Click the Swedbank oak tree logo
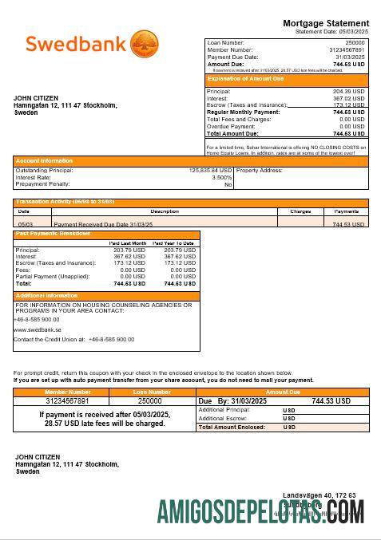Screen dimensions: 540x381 144,42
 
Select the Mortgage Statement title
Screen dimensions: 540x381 329,23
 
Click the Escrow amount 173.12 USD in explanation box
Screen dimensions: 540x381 349,105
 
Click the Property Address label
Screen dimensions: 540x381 260,170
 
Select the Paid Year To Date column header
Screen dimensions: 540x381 173,242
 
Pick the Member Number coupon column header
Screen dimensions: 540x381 68,392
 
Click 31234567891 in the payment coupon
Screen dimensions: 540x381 67,401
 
